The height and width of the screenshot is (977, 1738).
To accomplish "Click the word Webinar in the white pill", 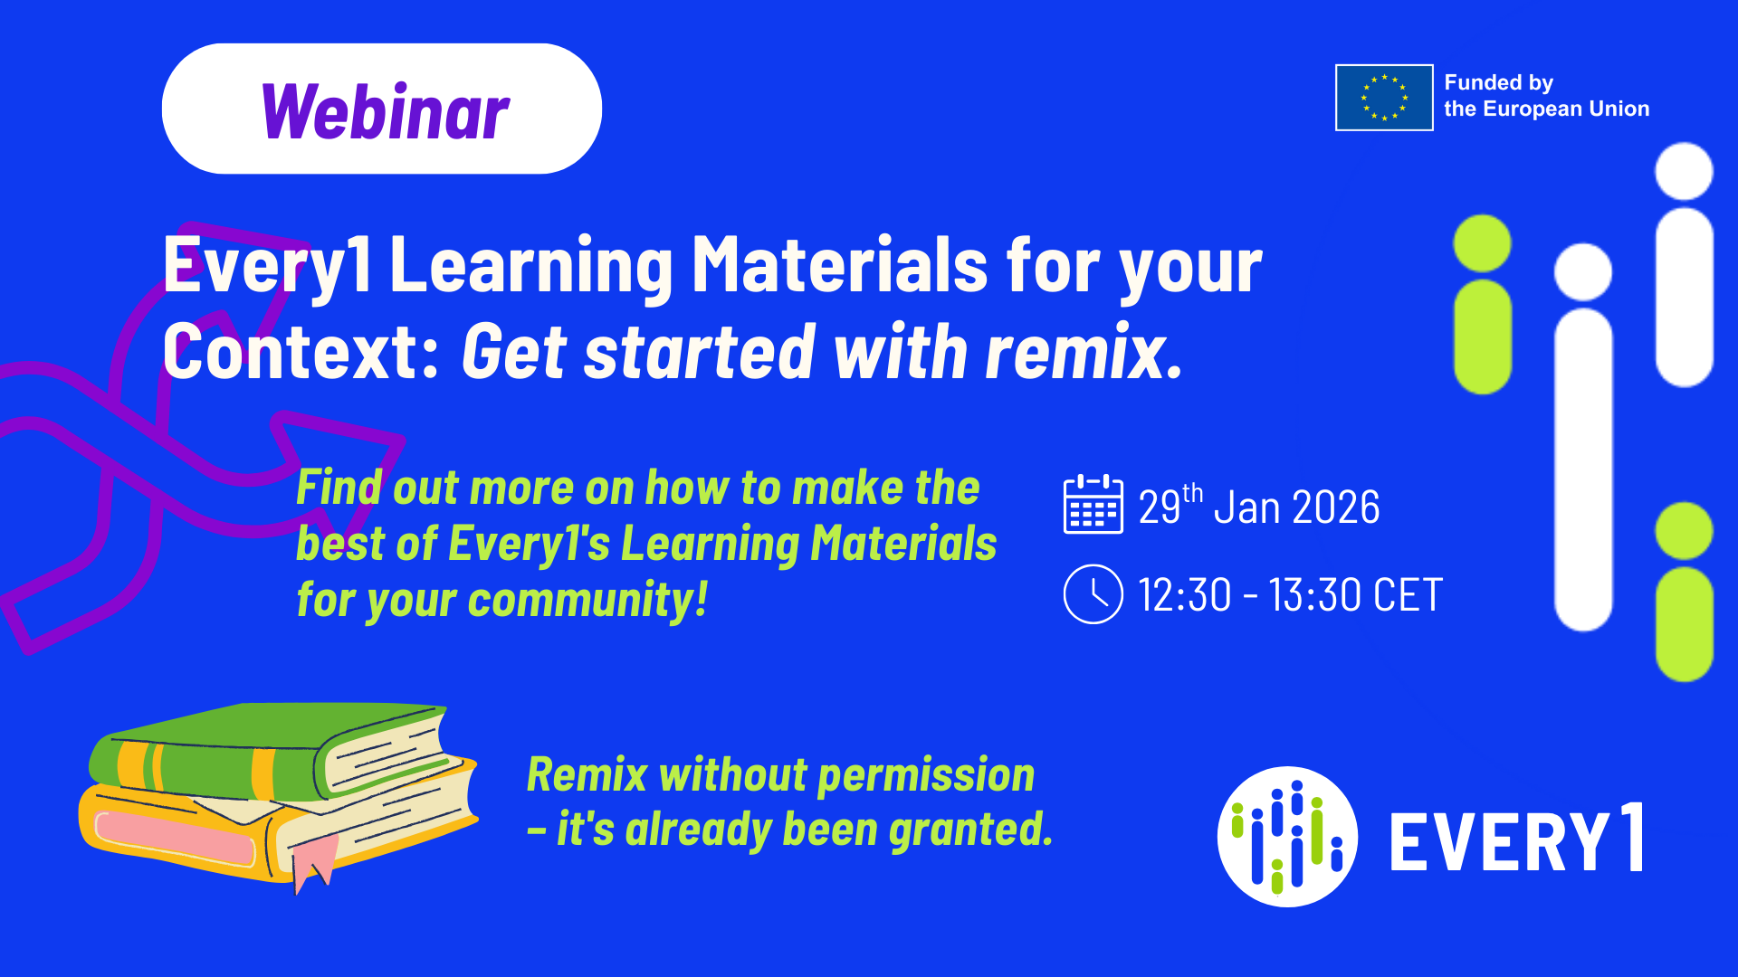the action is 386,111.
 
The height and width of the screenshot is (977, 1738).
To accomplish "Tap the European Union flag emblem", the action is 1384,98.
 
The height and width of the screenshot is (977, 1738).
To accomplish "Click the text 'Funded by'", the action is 1498,82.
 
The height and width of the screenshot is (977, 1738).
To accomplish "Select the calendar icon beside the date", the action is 1093,504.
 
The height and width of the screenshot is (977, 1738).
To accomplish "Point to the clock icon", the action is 1093,594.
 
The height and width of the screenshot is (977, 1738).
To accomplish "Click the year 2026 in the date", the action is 1336,507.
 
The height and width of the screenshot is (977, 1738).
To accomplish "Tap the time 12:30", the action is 1185,595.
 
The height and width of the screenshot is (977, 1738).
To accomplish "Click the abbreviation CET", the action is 1408,595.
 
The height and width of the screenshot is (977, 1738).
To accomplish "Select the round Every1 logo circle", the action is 1287,837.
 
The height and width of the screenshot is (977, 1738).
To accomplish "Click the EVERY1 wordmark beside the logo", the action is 1517,839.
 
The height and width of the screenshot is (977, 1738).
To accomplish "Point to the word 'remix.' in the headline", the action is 1084,352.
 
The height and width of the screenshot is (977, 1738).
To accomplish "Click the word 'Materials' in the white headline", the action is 840,264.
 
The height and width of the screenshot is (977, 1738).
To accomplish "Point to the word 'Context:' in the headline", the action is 301,352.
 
